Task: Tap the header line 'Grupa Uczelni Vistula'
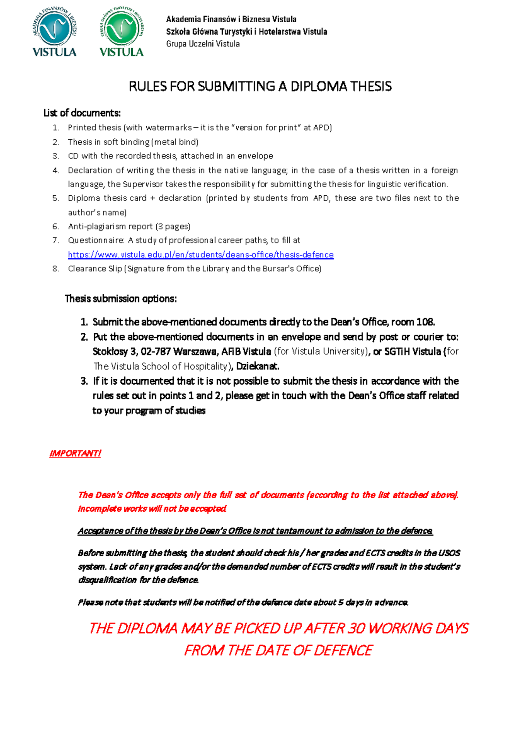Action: (x=203, y=44)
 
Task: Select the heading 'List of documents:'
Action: (x=82, y=113)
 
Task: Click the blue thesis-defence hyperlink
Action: (x=201, y=255)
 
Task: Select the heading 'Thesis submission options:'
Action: (x=121, y=299)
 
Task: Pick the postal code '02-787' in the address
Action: (x=155, y=352)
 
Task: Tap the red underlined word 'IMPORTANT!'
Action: (x=75, y=453)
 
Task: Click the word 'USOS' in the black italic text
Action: (x=449, y=553)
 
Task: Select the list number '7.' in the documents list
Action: (x=56, y=240)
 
